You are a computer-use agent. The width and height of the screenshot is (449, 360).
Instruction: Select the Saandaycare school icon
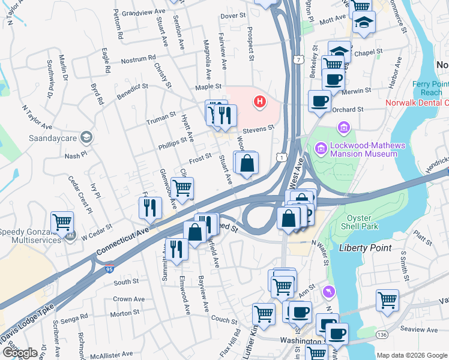87,138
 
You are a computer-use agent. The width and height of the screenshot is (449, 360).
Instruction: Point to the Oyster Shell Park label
362,222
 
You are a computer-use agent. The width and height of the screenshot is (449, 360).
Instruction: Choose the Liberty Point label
365,248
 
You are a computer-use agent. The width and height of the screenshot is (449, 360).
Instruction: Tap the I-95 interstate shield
109,265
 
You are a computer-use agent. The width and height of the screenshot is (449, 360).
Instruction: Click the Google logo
20,353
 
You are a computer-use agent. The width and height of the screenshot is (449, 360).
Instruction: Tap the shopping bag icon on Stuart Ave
247,163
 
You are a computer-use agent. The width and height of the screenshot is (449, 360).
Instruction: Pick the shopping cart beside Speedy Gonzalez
62,223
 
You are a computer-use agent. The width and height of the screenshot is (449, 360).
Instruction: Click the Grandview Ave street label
143,12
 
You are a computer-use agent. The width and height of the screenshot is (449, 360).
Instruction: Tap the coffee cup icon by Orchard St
319,101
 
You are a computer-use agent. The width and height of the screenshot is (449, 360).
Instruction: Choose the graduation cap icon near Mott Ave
363,22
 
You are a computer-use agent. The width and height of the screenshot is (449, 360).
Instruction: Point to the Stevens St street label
259,128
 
